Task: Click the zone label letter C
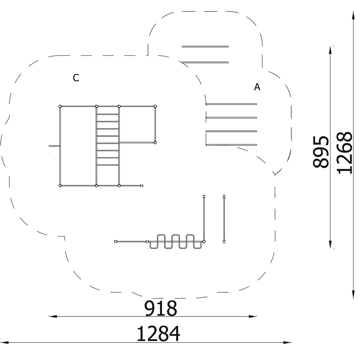pos(76,78)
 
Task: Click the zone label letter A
pos(257,87)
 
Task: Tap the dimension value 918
pos(161,309)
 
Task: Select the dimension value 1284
pos(158,334)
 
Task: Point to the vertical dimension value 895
pos(321,152)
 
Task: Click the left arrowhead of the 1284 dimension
pos(5,343)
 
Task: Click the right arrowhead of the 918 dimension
pos(253,316)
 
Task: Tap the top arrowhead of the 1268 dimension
pos(353,15)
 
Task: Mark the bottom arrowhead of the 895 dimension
pos(330,244)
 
